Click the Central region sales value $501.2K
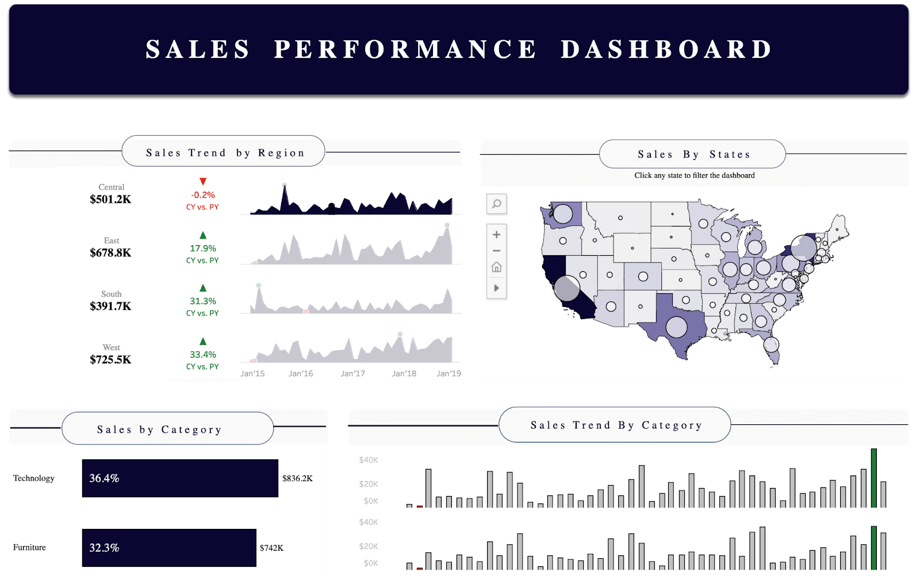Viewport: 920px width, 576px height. point(110,199)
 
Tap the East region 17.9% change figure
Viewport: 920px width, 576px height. point(203,248)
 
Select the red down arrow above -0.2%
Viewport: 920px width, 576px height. point(203,182)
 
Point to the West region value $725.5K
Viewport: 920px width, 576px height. point(110,360)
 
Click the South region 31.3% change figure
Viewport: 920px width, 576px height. point(203,301)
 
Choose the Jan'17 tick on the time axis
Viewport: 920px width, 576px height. point(352,374)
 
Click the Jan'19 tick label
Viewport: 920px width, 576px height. point(448,374)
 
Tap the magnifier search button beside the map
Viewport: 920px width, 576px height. point(497,204)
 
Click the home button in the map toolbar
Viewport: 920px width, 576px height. point(497,267)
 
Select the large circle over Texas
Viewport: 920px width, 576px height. point(676,328)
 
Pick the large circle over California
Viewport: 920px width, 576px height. point(567,288)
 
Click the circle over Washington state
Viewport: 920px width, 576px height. point(563,214)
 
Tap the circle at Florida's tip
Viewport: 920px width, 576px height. point(771,345)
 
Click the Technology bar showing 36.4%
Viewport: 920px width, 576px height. point(180,478)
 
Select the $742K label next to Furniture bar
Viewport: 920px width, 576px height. point(271,548)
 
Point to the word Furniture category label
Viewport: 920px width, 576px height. point(29,548)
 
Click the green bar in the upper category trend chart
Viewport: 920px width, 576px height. point(874,478)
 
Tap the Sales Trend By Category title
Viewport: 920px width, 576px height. point(615,425)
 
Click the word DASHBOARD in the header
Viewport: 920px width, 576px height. point(666,49)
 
